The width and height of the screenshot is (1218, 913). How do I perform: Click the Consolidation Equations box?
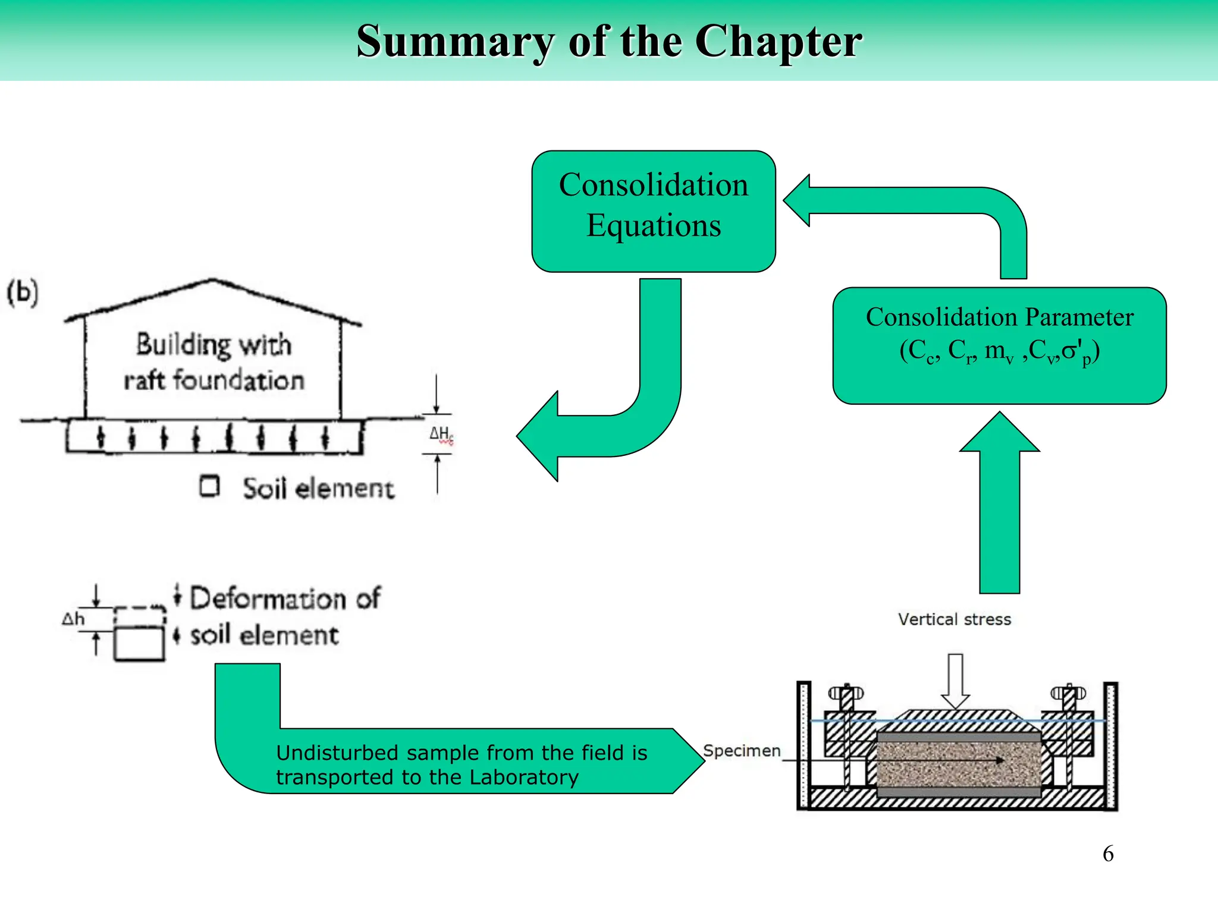pos(653,211)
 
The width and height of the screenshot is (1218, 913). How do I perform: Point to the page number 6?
pos(1108,854)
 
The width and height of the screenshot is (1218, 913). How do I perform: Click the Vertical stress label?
pos(954,619)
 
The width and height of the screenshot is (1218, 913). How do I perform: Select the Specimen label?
pos(741,751)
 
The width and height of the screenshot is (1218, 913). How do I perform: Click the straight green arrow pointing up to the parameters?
pos(999,511)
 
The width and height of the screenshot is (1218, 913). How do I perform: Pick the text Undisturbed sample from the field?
pos(461,753)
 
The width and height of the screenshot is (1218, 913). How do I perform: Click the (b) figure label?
pos(23,292)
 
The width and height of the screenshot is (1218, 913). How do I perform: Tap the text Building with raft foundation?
pos(214,362)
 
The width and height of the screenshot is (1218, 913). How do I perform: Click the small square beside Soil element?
pos(209,486)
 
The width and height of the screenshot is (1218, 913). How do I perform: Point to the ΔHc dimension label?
pos(441,434)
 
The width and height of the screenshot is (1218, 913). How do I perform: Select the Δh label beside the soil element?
pos(73,619)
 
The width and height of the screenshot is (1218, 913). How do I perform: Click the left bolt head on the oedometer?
pos(846,693)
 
